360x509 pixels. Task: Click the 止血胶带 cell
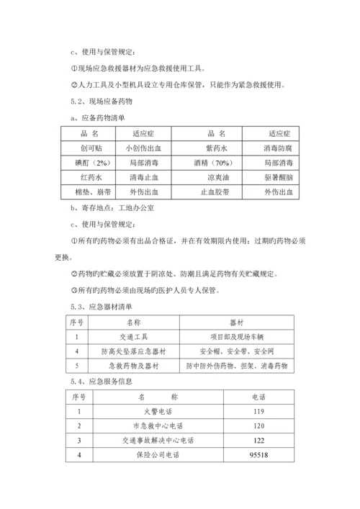(217, 192)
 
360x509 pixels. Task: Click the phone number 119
(257, 411)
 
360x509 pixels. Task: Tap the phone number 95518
(257, 455)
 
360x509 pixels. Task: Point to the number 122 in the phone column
(257, 440)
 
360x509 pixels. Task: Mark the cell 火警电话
(155, 411)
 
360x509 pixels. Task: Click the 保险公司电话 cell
(155, 455)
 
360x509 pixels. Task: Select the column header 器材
(238, 323)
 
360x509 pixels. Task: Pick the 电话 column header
(257, 397)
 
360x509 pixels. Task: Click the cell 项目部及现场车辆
(238, 337)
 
